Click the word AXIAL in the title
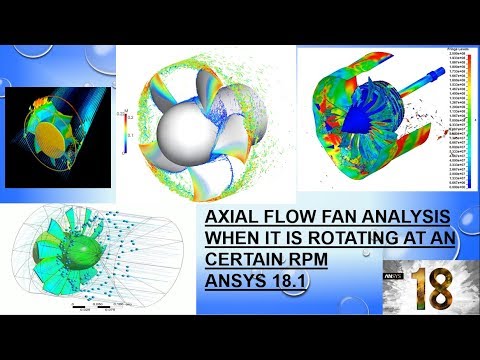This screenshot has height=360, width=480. pyautogui.click(x=228, y=217)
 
